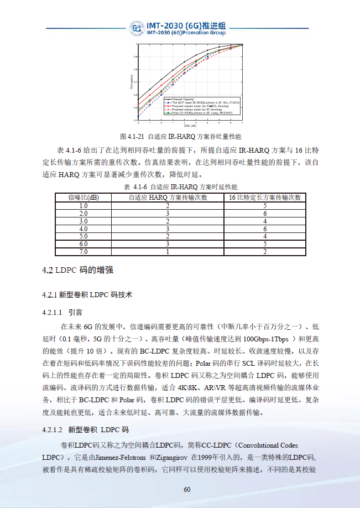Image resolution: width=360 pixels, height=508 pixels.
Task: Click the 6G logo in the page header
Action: (137, 29)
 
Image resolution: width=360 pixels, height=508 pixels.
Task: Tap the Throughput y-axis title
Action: (132, 82)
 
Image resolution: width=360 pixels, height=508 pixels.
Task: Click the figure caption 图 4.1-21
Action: (180, 136)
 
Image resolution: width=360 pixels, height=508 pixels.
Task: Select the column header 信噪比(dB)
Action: (84, 197)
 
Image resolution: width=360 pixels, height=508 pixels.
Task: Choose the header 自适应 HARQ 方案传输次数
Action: (168, 197)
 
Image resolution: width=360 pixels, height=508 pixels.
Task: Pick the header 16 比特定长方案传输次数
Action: (265, 197)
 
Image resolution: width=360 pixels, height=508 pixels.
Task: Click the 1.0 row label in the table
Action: (84, 205)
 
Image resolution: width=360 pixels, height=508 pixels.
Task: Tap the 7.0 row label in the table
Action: (84, 252)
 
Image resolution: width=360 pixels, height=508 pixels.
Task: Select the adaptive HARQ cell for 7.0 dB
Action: (168, 252)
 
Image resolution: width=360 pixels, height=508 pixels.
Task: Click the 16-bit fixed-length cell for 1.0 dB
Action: (265, 205)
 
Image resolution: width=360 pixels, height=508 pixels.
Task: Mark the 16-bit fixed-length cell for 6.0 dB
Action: (265, 244)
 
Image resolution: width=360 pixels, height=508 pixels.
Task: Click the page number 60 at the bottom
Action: (187, 489)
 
